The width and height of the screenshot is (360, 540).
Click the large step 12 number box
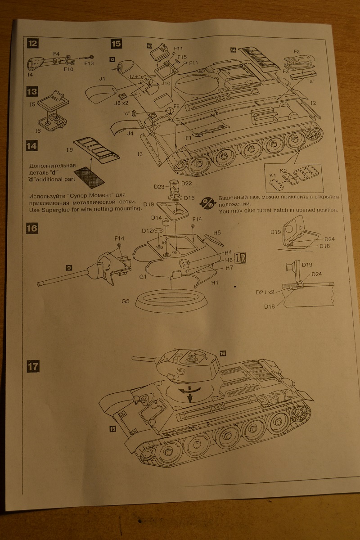tap(32, 44)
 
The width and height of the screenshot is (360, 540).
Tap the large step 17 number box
tap(32, 366)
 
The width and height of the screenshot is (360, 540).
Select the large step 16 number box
tap(32, 228)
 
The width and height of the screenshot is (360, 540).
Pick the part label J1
tap(102, 79)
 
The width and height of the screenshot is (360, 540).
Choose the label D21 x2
tap(265, 293)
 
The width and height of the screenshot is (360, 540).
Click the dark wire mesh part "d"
tap(90, 175)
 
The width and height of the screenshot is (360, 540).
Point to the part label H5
tap(217, 233)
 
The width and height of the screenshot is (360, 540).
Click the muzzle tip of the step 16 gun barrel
tap(40, 283)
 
